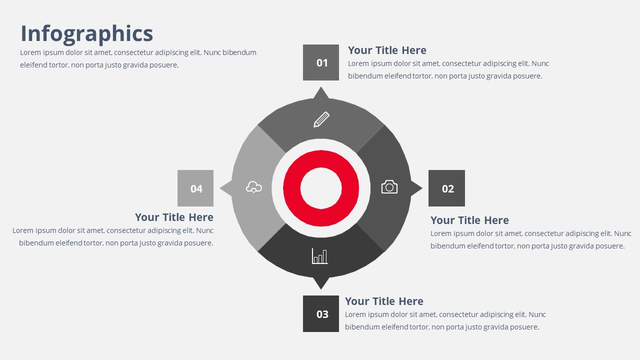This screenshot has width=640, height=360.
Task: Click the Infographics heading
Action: click(87, 33)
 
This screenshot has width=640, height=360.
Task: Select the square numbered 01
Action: click(321, 62)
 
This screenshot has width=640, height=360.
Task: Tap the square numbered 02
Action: click(446, 188)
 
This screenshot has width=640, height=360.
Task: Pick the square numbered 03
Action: click(321, 313)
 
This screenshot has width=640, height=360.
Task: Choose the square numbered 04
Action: click(195, 188)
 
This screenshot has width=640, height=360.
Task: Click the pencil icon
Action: click(321, 119)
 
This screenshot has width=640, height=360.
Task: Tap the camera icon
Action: click(389, 187)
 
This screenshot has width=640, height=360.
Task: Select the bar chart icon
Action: click(319, 256)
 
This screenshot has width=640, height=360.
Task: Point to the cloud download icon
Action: click(253, 187)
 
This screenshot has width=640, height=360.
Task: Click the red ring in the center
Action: click(321, 159)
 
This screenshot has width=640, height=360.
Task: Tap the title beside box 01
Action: click(387, 50)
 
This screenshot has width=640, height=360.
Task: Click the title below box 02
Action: click(469, 220)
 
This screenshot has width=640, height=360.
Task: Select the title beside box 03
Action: click(384, 301)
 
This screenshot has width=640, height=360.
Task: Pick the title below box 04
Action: click(174, 217)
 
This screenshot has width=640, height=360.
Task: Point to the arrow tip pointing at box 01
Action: click(321, 87)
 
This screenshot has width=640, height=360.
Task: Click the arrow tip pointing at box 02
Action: click(422, 188)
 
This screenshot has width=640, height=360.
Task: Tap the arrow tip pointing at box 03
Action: click(321, 289)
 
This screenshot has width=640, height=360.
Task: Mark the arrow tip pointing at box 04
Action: click(220, 188)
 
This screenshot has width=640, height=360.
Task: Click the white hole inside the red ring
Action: click(321, 188)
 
